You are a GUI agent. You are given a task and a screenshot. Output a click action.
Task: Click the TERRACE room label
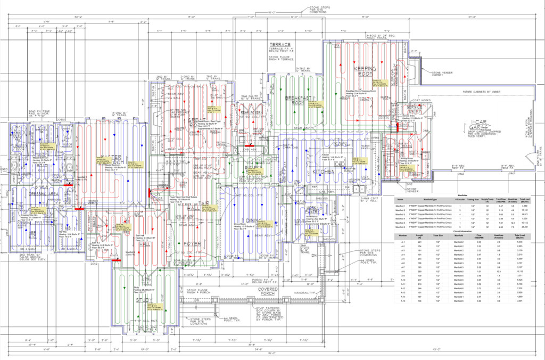(x=279, y=44)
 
